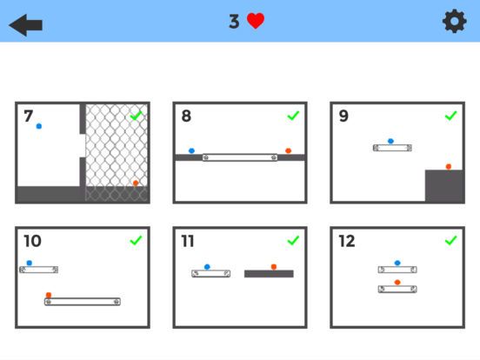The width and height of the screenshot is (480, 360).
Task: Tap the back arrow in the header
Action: point(26,23)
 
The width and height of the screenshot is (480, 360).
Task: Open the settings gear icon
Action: point(454,22)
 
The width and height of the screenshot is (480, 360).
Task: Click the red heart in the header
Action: point(256,22)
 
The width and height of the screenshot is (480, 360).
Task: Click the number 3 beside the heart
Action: point(234,22)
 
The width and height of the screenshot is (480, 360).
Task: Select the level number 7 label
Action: point(29,117)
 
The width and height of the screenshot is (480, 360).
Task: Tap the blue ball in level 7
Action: point(39,126)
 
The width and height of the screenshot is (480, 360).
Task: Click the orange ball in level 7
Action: point(135,183)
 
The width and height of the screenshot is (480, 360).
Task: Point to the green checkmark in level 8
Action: point(293,116)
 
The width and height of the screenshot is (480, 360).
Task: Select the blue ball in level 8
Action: point(191,151)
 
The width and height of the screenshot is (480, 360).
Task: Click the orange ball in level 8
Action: point(288,151)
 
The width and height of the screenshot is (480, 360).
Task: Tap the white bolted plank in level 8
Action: point(240,157)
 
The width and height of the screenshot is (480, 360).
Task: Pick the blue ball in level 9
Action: point(390,140)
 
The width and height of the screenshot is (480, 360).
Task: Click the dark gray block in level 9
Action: point(443,185)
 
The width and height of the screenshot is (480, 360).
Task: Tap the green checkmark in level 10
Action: point(136,240)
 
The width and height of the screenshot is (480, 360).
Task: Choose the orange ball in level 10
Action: point(49,295)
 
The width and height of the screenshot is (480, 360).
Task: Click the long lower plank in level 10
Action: point(83,302)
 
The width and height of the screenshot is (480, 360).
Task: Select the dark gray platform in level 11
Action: point(269,274)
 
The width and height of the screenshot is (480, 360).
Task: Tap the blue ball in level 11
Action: point(207,267)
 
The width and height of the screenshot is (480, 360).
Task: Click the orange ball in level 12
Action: point(397,282)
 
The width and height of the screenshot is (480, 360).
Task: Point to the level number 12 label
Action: point(347,241)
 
